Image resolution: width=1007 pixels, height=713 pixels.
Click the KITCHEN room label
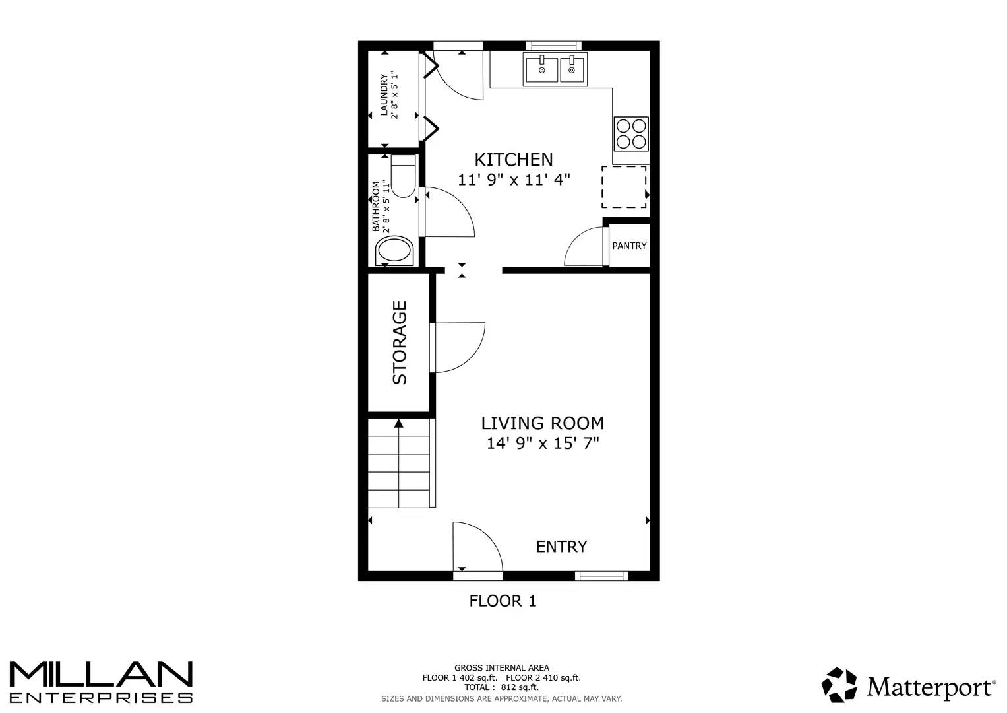click(x=514, y=160)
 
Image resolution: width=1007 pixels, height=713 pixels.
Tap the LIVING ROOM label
click(x=542, y=423)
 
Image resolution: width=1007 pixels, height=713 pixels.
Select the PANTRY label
click(x=629, y=246)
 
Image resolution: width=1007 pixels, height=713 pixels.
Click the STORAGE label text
click(x=400, y=343)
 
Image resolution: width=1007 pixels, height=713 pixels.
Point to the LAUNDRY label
click(x=384, y=94)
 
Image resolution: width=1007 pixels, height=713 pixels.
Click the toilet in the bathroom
click(x=403, y=176)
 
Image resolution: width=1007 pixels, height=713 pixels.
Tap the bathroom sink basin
click(x=394, y=252)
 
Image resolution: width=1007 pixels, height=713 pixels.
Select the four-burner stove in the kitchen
click(x=631, y=133)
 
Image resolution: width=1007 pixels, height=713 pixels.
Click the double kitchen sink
click(x=555, y=69)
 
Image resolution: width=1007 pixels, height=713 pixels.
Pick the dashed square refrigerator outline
click(x=624, y=187)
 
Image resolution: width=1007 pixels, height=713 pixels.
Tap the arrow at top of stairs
click(x=398, y=423)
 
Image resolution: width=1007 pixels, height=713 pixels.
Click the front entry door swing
click(x=476, y=547)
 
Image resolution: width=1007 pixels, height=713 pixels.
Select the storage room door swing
click(x=459, y=347)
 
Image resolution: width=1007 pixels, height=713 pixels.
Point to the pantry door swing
click(x=584, y=248)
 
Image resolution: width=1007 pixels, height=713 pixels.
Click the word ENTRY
click(x=561, y=547)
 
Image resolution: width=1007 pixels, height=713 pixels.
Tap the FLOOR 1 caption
click(x=503, y=601)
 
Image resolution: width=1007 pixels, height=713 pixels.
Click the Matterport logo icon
click(x=839, y=685)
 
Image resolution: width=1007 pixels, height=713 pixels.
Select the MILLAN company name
click(x=100, y=674)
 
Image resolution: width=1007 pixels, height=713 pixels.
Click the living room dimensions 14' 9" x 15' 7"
click(x=542, y=443)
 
